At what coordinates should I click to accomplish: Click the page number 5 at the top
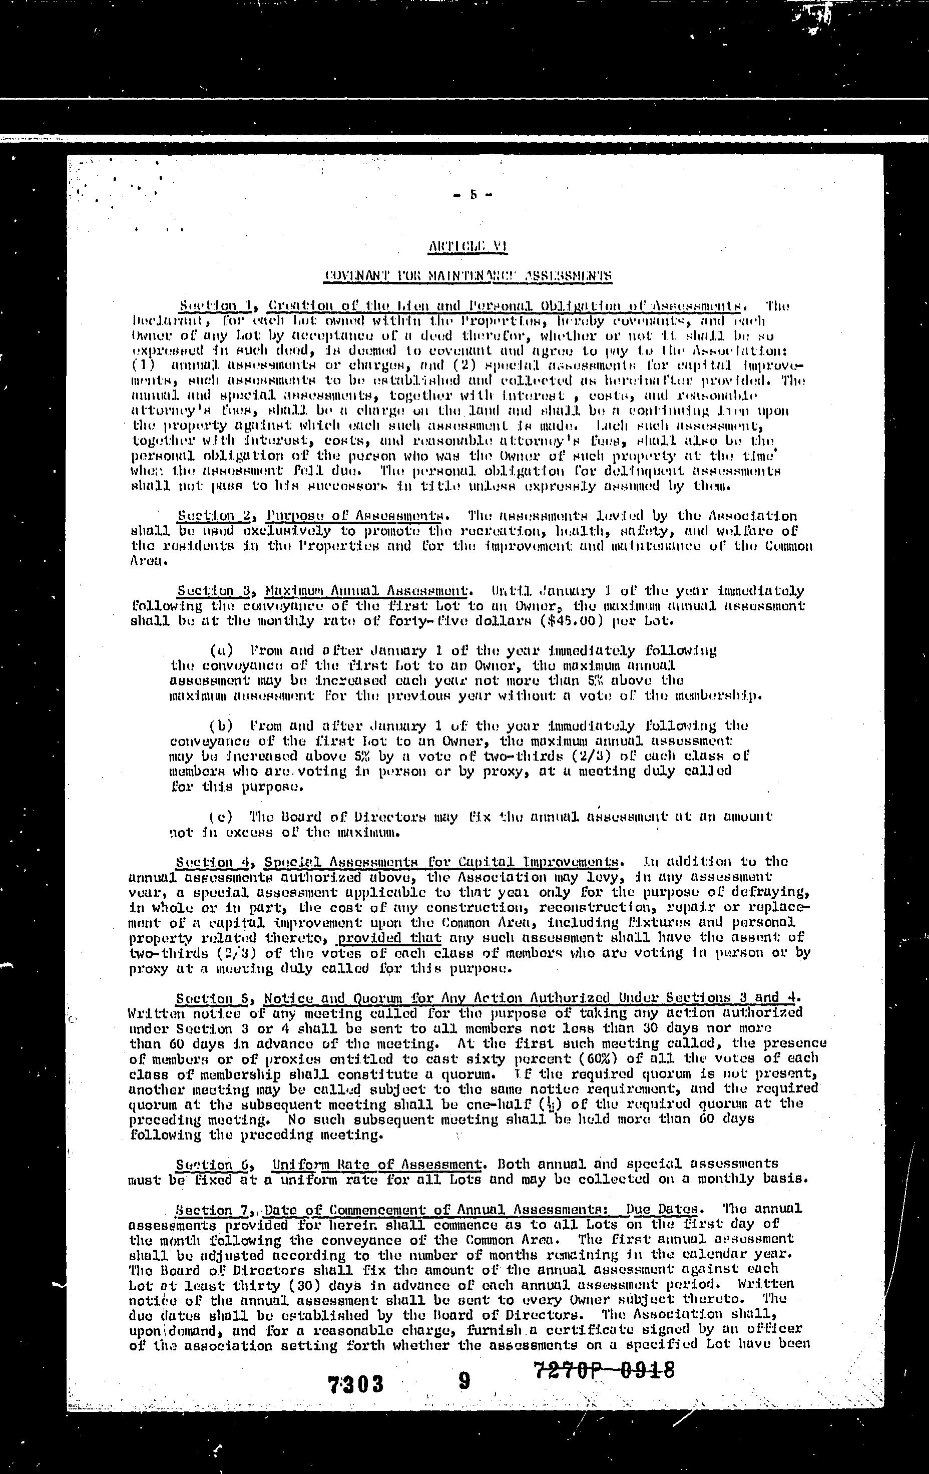coord(473,196)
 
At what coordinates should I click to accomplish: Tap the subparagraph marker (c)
coord(221,817)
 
